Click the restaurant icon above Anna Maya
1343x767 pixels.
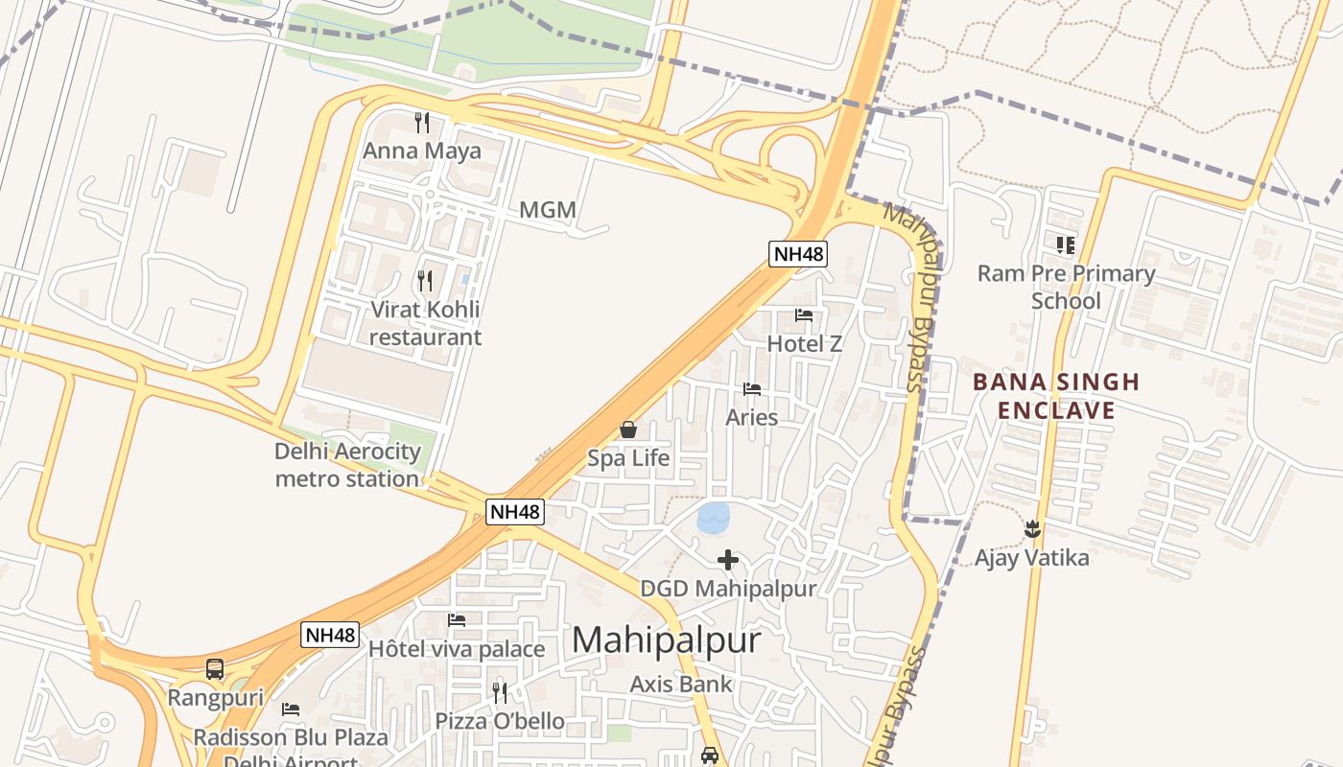422,122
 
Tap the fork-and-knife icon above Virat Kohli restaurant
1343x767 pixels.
425,281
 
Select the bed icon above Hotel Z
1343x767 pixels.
804,314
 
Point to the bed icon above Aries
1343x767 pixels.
752,389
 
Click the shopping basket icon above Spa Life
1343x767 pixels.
628,430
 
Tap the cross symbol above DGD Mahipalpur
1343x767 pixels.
728,560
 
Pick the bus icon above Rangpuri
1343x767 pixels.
215,669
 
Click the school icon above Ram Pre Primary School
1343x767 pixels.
1066,245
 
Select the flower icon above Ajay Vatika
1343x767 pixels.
1032,528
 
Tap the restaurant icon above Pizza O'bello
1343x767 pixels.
500,692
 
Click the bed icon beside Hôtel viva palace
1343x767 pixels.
457,620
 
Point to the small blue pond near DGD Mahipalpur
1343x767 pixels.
714,518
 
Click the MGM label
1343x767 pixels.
548,209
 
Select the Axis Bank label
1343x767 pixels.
681,685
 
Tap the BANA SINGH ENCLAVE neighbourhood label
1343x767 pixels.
1056,396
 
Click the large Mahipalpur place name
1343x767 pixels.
666,640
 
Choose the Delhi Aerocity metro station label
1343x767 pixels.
347,464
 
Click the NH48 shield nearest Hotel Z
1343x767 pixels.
798,254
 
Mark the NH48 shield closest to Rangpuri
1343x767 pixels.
330,635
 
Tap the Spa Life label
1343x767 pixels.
628,458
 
